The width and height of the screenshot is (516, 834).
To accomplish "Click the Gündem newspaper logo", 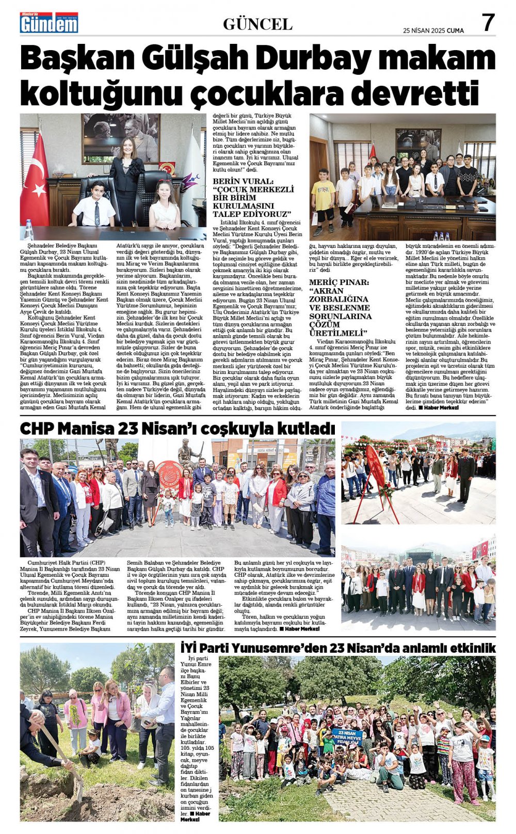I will pyautogui.click(x=49, y=23).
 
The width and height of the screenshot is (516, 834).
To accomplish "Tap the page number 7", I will pyautogui.click(x=488, y=23).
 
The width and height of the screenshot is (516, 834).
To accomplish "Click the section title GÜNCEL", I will pyautogui.click(x=257, y=24).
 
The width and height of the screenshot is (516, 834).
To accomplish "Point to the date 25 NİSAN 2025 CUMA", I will pyautogui.click(x=433, y=30).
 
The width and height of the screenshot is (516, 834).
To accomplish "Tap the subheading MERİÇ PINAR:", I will pyautogui.click(x=339, y=282).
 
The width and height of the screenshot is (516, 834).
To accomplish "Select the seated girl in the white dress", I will pyautogui.click(x=165, y=206).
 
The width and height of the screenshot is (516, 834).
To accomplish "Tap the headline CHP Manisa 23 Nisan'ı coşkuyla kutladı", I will pyautogui.click(x=177, y=429).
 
